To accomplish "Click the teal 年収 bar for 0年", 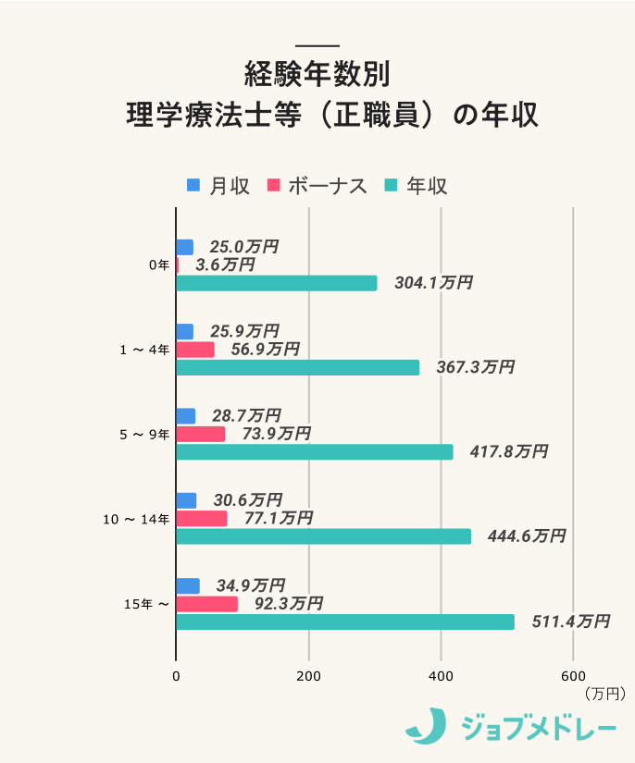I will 276,283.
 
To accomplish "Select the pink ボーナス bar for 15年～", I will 206,604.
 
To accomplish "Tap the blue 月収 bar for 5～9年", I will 185,416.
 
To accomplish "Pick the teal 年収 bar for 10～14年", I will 323,536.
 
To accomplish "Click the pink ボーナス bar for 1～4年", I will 194,350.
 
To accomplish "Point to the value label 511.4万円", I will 570,621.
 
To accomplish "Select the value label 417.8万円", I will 508,451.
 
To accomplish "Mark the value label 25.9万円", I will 244,331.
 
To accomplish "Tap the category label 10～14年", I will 135,520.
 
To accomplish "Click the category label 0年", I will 159,265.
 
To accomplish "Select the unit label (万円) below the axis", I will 605,692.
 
